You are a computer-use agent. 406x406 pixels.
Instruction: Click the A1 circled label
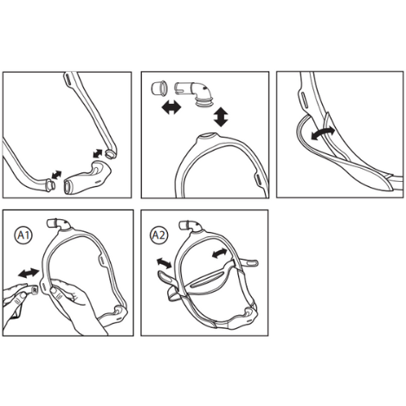coord(23,235)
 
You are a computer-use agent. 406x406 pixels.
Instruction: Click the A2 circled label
coord(159,235)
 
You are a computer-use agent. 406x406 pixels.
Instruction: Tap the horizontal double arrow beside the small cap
coord(171,108)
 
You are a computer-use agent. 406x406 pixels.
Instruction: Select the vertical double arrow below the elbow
coord(221,117)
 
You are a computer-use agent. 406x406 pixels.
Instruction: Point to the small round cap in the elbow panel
coord(159,88)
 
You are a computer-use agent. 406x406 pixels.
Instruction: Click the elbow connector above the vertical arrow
coord(196,93)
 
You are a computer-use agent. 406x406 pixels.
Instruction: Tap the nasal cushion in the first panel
coord(87,178)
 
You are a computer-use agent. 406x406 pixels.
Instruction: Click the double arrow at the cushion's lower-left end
coord(56,175)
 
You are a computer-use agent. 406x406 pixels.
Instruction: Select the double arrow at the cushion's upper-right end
coord(98,153)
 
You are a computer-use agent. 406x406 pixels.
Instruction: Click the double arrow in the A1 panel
coord(29,273)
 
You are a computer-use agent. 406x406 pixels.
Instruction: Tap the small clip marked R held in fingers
coord(34,290)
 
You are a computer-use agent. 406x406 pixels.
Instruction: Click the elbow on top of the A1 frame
coord(59,224)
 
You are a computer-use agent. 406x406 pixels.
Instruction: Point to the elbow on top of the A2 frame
coord(190,226)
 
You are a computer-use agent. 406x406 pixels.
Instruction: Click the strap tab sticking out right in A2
coord(248,262)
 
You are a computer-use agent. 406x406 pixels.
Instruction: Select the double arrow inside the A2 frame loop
coord(219,254)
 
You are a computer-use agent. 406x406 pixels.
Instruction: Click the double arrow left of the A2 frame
coord(164,262)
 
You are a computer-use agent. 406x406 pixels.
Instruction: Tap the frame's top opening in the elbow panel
coord(209,135)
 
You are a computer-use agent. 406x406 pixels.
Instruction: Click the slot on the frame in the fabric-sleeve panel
coord(303,99)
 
